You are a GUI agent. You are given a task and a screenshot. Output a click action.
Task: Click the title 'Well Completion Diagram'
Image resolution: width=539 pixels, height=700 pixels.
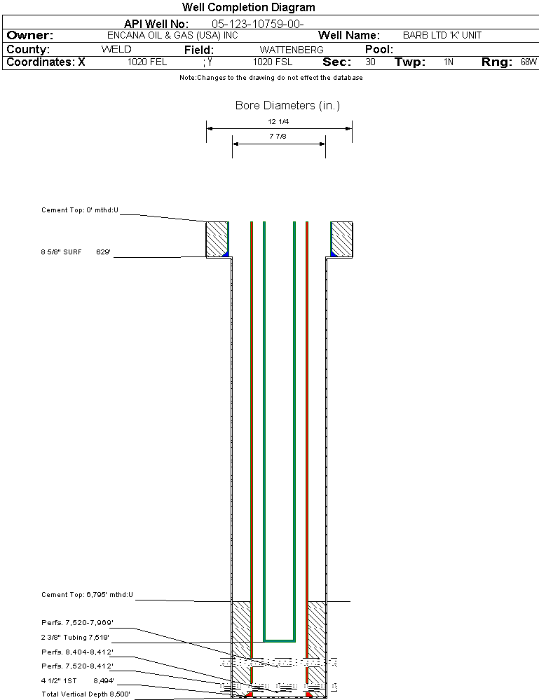(248, 7)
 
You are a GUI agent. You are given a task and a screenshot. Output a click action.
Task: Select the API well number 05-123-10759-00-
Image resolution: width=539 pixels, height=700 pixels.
(258, 24)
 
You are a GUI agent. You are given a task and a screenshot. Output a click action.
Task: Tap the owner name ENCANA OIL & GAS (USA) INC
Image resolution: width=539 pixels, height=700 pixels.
(172, 35)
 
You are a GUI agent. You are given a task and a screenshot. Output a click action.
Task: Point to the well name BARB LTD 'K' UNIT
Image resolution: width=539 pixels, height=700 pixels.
(442, 35)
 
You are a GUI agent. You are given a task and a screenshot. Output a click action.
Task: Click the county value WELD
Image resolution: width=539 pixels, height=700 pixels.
(116, 49)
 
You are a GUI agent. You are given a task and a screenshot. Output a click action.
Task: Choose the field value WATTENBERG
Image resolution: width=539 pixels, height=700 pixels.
(292, 50)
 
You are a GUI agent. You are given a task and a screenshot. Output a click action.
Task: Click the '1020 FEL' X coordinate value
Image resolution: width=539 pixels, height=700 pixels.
(147, 62)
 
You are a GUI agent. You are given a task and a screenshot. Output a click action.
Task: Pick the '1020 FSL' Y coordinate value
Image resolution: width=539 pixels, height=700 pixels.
(273, 62)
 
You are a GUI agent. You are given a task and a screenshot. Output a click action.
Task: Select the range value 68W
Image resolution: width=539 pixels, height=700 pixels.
(528, 62)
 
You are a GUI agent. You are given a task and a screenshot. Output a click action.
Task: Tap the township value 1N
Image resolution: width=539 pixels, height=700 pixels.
(449, 62)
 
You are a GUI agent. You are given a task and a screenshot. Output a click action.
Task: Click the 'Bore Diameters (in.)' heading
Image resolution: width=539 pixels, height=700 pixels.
(287, 105)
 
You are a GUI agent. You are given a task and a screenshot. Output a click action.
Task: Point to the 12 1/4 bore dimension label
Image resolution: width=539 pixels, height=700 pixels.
(278, 121)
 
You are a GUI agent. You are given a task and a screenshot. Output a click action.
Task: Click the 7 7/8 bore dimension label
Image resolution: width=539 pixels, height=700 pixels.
(278, 136)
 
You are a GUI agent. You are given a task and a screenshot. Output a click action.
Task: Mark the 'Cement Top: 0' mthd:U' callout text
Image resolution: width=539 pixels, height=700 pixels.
(80, 210)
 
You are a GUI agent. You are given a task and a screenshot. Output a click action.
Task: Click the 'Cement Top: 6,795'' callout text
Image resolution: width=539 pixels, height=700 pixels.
(87, 595)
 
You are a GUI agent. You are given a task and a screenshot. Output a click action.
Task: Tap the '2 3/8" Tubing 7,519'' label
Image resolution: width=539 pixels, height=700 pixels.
(75, 638)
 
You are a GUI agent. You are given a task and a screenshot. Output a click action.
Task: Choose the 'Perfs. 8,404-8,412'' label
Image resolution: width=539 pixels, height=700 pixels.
(77, 652)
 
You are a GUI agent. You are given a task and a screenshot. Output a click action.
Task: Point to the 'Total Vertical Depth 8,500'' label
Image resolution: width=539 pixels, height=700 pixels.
(86, 694)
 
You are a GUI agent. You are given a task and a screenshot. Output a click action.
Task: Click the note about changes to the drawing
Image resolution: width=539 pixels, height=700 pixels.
(271, 78)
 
